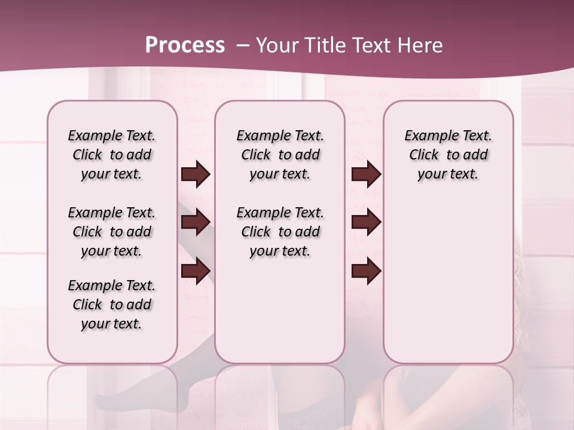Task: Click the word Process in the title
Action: [185, 45]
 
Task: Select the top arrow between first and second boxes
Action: [196, 174]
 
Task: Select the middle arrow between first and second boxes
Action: [196, 222]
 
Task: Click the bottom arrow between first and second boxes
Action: [196, 271]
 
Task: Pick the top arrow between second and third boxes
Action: [366, 174]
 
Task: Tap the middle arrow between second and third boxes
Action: [366, 222]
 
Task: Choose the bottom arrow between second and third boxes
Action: [366, 271]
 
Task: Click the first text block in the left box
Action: [112, 155]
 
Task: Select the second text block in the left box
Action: [112, 232]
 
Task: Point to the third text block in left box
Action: [112, 305]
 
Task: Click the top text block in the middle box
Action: [280, 155]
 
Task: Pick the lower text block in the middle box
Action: [280, 232]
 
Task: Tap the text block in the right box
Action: [448, 155]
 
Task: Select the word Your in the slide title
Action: [277, 45]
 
